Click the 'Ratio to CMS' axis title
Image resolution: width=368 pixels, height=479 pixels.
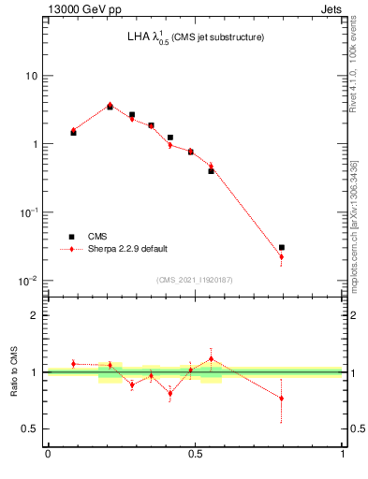coord(14,371)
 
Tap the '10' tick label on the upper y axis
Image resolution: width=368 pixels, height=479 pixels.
coord(32,76)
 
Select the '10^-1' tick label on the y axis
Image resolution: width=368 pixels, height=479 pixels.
coord(29,212)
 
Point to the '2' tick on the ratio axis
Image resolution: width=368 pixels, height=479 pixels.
coord(36,315)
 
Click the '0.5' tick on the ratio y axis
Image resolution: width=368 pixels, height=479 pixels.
coord(31,428)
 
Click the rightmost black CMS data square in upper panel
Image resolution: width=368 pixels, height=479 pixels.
coord(281,247)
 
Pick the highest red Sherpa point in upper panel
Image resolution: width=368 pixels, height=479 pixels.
coord(110,105)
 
